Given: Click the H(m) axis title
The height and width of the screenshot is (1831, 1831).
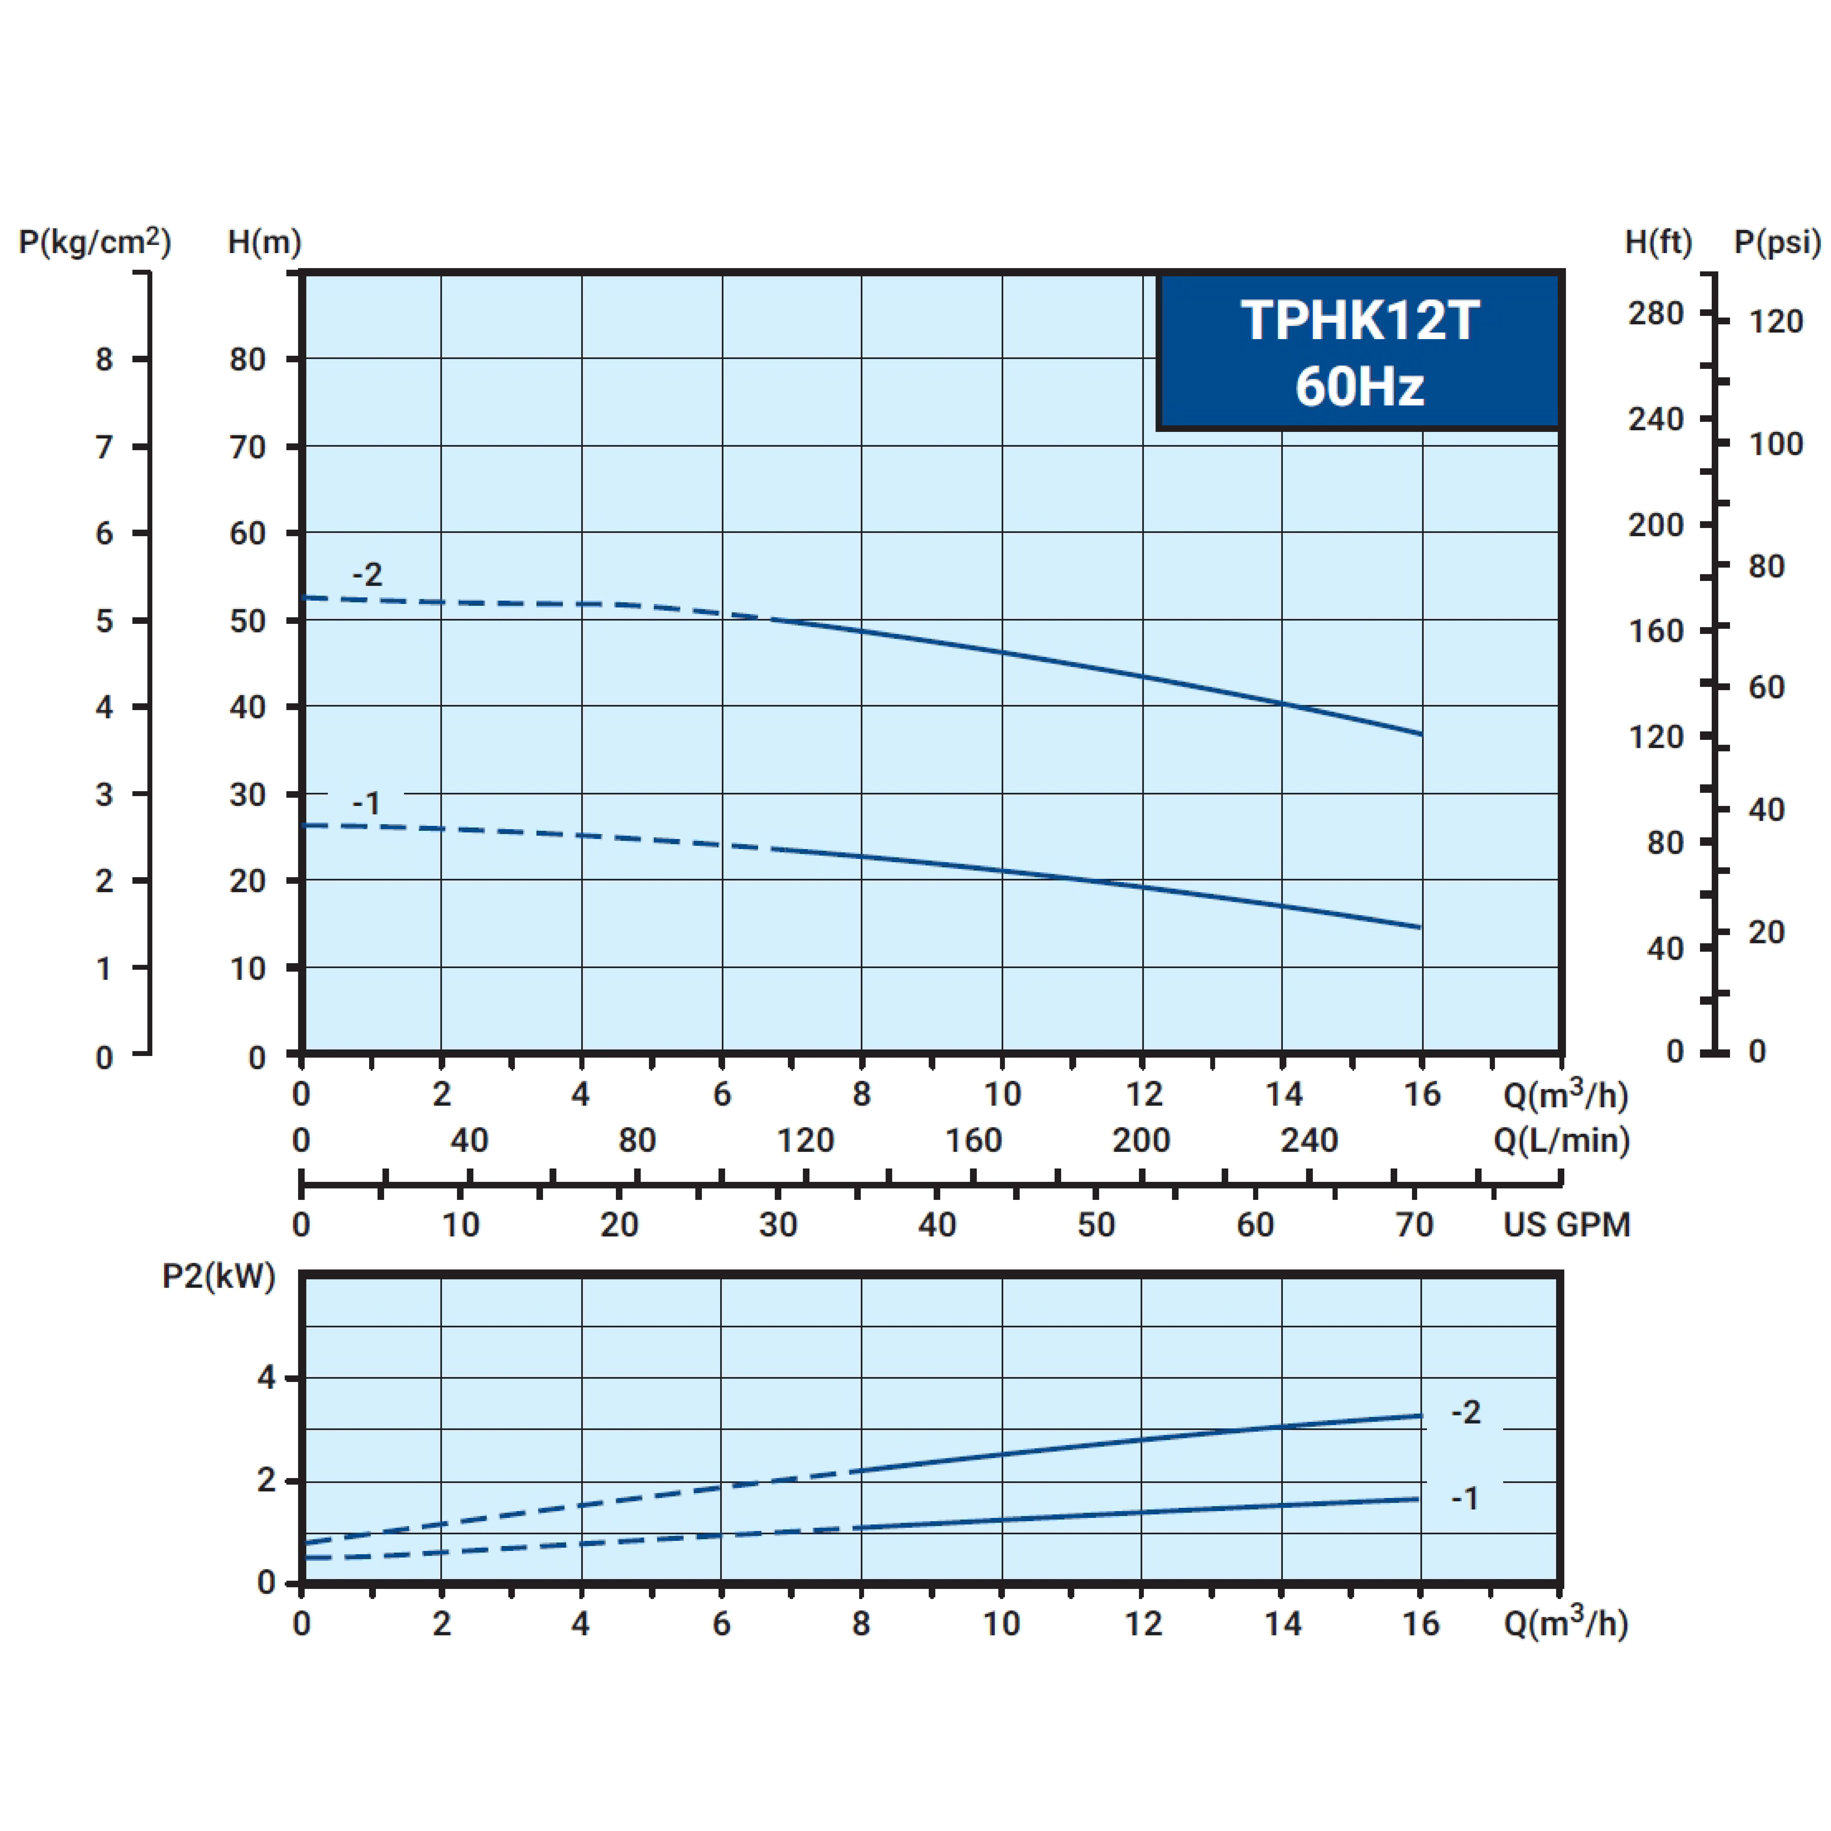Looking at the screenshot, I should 264,243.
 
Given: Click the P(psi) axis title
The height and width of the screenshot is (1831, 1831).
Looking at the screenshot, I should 1777,243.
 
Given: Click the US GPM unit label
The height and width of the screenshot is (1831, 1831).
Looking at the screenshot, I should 1566,1224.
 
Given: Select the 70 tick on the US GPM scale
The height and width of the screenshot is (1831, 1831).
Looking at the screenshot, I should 1414,1224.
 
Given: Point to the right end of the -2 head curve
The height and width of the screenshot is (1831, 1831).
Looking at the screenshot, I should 1421,734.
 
